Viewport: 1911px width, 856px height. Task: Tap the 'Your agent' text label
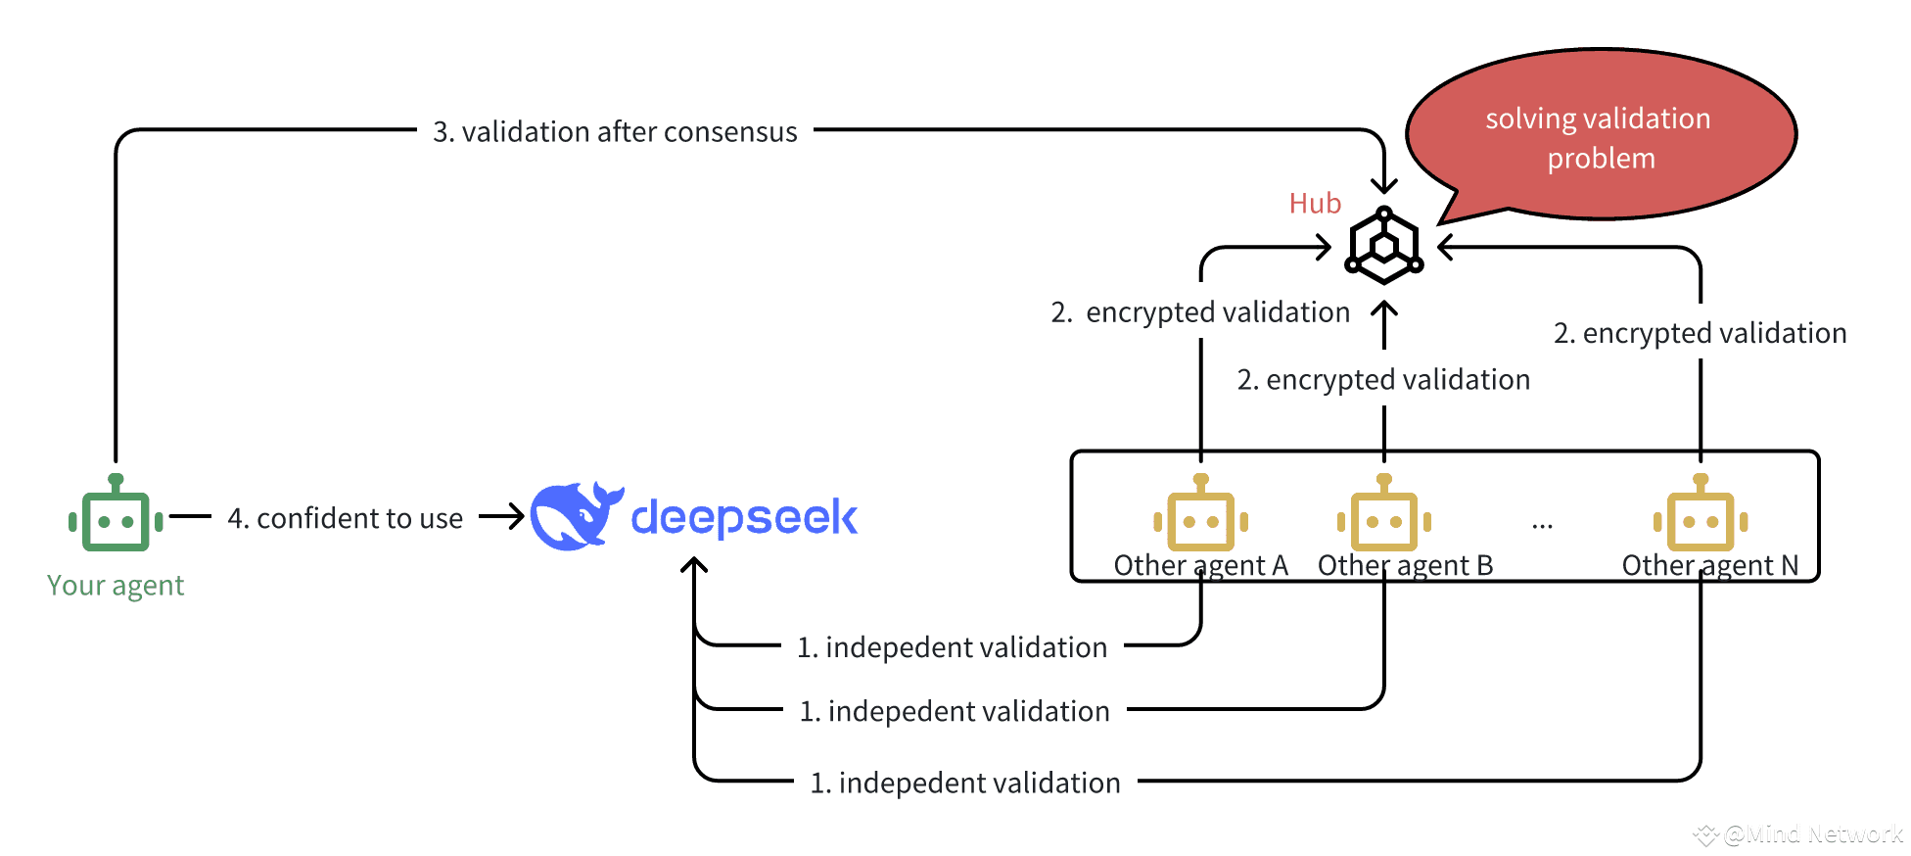[x=116, y=586]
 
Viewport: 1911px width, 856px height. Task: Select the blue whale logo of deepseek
[x=577, y=515]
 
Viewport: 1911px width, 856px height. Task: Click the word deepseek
[x=744, y=517]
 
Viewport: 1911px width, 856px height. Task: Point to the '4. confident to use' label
[x=346, y=518]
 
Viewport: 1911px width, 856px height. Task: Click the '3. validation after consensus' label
[x=616, y=131]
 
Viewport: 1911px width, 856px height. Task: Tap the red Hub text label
[x=1315, y=203]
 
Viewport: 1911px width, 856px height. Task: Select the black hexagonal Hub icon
[x=1383, y=245]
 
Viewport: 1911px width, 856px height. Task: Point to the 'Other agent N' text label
[x=1710, y=566]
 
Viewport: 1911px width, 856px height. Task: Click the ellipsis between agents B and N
[x=1543, y=527]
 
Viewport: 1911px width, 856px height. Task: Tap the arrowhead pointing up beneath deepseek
[x=694, y=565]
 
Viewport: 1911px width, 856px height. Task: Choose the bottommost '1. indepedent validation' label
[x=965, y=783]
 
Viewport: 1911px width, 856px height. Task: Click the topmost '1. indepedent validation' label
[x=953, y=647]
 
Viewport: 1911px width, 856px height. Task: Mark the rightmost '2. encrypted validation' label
[x=1701, y=333]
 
